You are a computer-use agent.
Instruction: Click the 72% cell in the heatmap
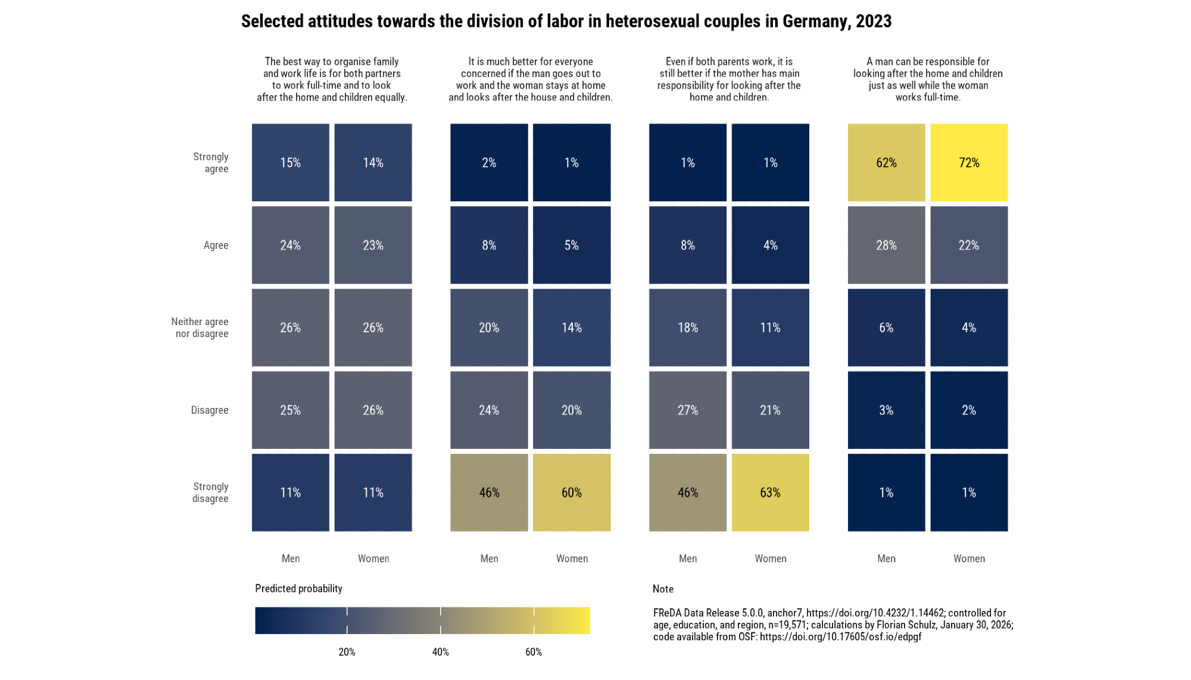[x=969, y=163]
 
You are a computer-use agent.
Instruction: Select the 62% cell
[x=886, y=163]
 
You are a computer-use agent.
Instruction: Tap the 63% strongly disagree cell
[x=770, y=492]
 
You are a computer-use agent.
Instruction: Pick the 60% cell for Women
[x=572, y=492]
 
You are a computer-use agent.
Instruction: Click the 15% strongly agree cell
[x=291, y=163]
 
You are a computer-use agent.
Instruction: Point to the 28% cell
[x=886, y=245]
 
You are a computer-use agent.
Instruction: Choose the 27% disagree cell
[x=688, y=410]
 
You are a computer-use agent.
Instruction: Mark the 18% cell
[x=688, y=327]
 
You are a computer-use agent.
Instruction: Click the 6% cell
[x=886, y=327]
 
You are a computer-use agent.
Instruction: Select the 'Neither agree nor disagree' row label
[x=200, y=327]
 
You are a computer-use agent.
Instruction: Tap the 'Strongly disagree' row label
[x=210, y=492]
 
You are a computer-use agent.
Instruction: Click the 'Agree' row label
[x=216, y=245]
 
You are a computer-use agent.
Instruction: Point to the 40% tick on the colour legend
[x=441, y=620]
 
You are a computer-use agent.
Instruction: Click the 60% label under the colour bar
[x=534, y=652]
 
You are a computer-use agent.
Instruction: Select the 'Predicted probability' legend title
[x=298, y=588]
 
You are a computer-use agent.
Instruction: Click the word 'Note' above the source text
[x=663, y=589]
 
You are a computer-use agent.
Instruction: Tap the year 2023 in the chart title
[x=874, y=21]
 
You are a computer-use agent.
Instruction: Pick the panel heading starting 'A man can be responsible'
[x=928, y=79]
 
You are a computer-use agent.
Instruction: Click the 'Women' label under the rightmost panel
[x=969, y=559]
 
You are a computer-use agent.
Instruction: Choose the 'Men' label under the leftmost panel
[x=291, y=559]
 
